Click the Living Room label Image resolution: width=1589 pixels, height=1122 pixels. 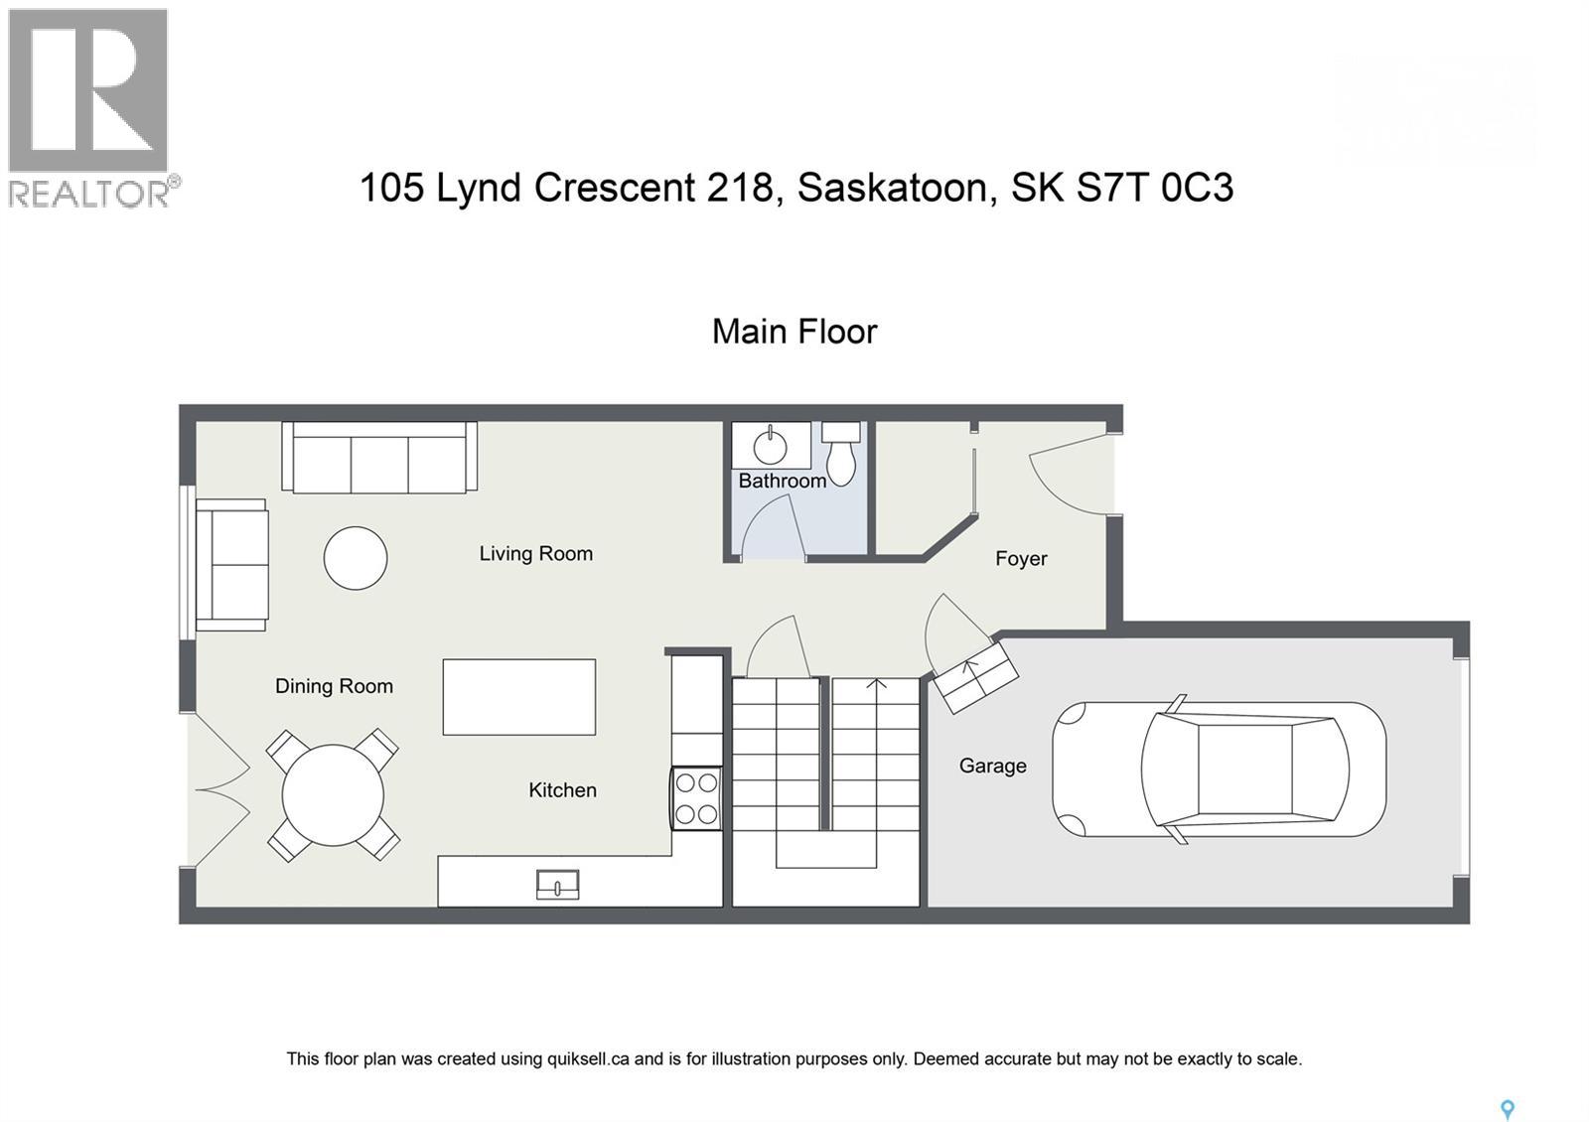tap(535, 553)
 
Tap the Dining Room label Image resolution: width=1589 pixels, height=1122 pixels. tap(334, 686)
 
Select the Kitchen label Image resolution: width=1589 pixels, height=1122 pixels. tap(562, 790)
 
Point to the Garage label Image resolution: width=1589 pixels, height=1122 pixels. tap(992, 766)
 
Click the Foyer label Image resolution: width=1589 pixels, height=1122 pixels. tap(1021, 559)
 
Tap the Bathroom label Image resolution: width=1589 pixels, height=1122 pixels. tap(782, 481)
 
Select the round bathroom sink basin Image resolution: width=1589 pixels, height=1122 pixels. tap(771, 447)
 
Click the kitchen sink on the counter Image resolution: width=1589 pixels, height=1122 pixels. tap(557, 884)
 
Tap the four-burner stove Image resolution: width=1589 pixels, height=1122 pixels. tap(696, 798)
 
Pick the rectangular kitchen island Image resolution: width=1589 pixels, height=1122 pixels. tap(518, 697)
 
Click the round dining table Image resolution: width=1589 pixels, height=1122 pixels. tap(333, 795)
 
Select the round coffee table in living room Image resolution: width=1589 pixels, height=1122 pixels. tap(356, 558)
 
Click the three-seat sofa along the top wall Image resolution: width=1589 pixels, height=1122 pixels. tap(379, 458)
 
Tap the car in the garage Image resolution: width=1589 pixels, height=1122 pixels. tap(1219, 770)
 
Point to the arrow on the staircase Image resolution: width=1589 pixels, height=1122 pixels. tap(876, 685)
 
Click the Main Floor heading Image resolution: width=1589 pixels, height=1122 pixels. tap(794, 332)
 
